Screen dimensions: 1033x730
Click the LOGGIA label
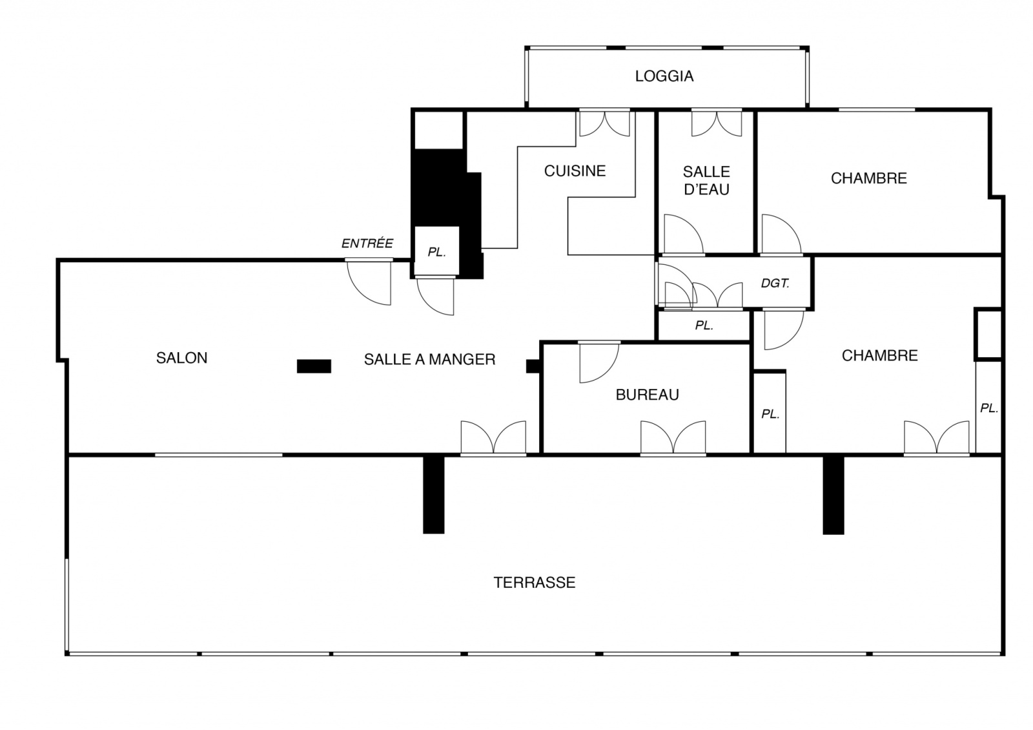click(x=664, y=76)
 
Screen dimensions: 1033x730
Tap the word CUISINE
click(x=575, y=171)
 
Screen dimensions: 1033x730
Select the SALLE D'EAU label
click(x=706, y=180)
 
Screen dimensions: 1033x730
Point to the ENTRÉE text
click(x=367, y=243)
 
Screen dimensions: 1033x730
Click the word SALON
click(x=181, y=358)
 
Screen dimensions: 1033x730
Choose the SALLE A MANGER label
click(x=429, y=359)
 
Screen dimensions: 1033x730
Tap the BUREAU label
click(x=647, y=395)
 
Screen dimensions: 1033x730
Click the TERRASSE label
click(x=535, y=583)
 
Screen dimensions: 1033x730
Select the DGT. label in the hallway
click(x=775, y=284)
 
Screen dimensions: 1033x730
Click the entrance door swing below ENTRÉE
click(x=369, y=282)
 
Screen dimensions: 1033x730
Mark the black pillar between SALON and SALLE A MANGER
click(x=314, y=366)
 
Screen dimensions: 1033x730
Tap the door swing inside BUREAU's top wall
click(x=599, y=362)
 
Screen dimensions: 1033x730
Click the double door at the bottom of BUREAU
click(x=673, y=437)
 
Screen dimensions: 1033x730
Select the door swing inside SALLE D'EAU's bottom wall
click(x=684, y=235)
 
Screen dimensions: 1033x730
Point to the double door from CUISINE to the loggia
click(x=604, y=123)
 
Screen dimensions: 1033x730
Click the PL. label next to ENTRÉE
click(x=436, y=253)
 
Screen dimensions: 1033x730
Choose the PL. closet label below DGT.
click(x=704, y=326)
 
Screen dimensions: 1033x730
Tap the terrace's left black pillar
click(x=433, y=495)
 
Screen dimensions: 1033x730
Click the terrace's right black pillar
click(x=834, y=495)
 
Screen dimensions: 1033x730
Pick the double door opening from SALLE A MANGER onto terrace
click(x=493, y=437)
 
